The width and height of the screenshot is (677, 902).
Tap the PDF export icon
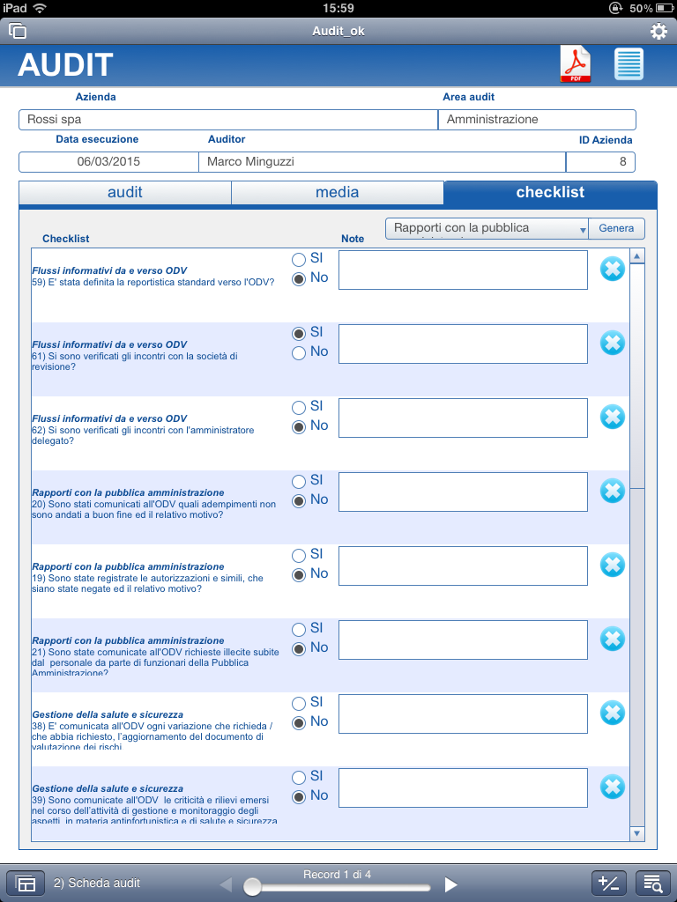(575, 65)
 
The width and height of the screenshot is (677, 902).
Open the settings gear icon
(658, 32)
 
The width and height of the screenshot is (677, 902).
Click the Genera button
(616, 228)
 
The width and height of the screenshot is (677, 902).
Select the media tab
(337, 192)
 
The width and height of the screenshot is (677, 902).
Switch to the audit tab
(125, 192)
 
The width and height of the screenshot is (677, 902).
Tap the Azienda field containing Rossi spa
(227, 120)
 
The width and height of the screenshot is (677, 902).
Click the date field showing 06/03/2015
(108, 162)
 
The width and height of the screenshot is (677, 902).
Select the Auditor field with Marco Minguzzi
(382, 162)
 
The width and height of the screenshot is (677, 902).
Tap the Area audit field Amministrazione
(537, 120)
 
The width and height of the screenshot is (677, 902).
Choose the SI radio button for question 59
(299, 260)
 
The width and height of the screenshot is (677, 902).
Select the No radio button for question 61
(299, 352)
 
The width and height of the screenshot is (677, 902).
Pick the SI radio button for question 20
(299, 482)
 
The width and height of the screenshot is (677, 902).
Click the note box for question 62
(463, 418)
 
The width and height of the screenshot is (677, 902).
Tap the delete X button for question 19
(612, 565)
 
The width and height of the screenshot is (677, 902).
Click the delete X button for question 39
(612, 787)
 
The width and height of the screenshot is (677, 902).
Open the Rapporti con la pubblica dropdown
(487, 228)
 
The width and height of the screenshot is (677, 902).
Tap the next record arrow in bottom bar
(450, 884)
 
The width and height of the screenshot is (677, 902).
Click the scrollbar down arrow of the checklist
(637, 832)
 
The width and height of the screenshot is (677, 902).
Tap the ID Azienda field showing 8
(600, 162)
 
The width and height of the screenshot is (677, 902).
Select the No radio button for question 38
(299, 722)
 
